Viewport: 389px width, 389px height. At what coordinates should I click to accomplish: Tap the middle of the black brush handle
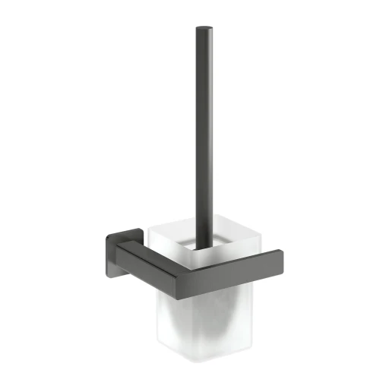point(204,137)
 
